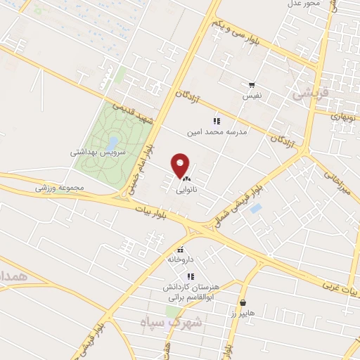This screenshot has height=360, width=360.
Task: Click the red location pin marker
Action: pos(181,165)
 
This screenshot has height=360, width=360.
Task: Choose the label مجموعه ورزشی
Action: pos(60,188)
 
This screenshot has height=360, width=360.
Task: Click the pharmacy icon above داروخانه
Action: pos(181,250)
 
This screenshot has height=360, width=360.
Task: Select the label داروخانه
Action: pos(180,259)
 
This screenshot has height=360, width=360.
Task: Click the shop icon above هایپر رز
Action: pos(242,303)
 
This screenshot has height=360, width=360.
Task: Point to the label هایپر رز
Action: pos(242,313)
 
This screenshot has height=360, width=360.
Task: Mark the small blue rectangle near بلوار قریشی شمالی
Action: pos(256,209)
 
